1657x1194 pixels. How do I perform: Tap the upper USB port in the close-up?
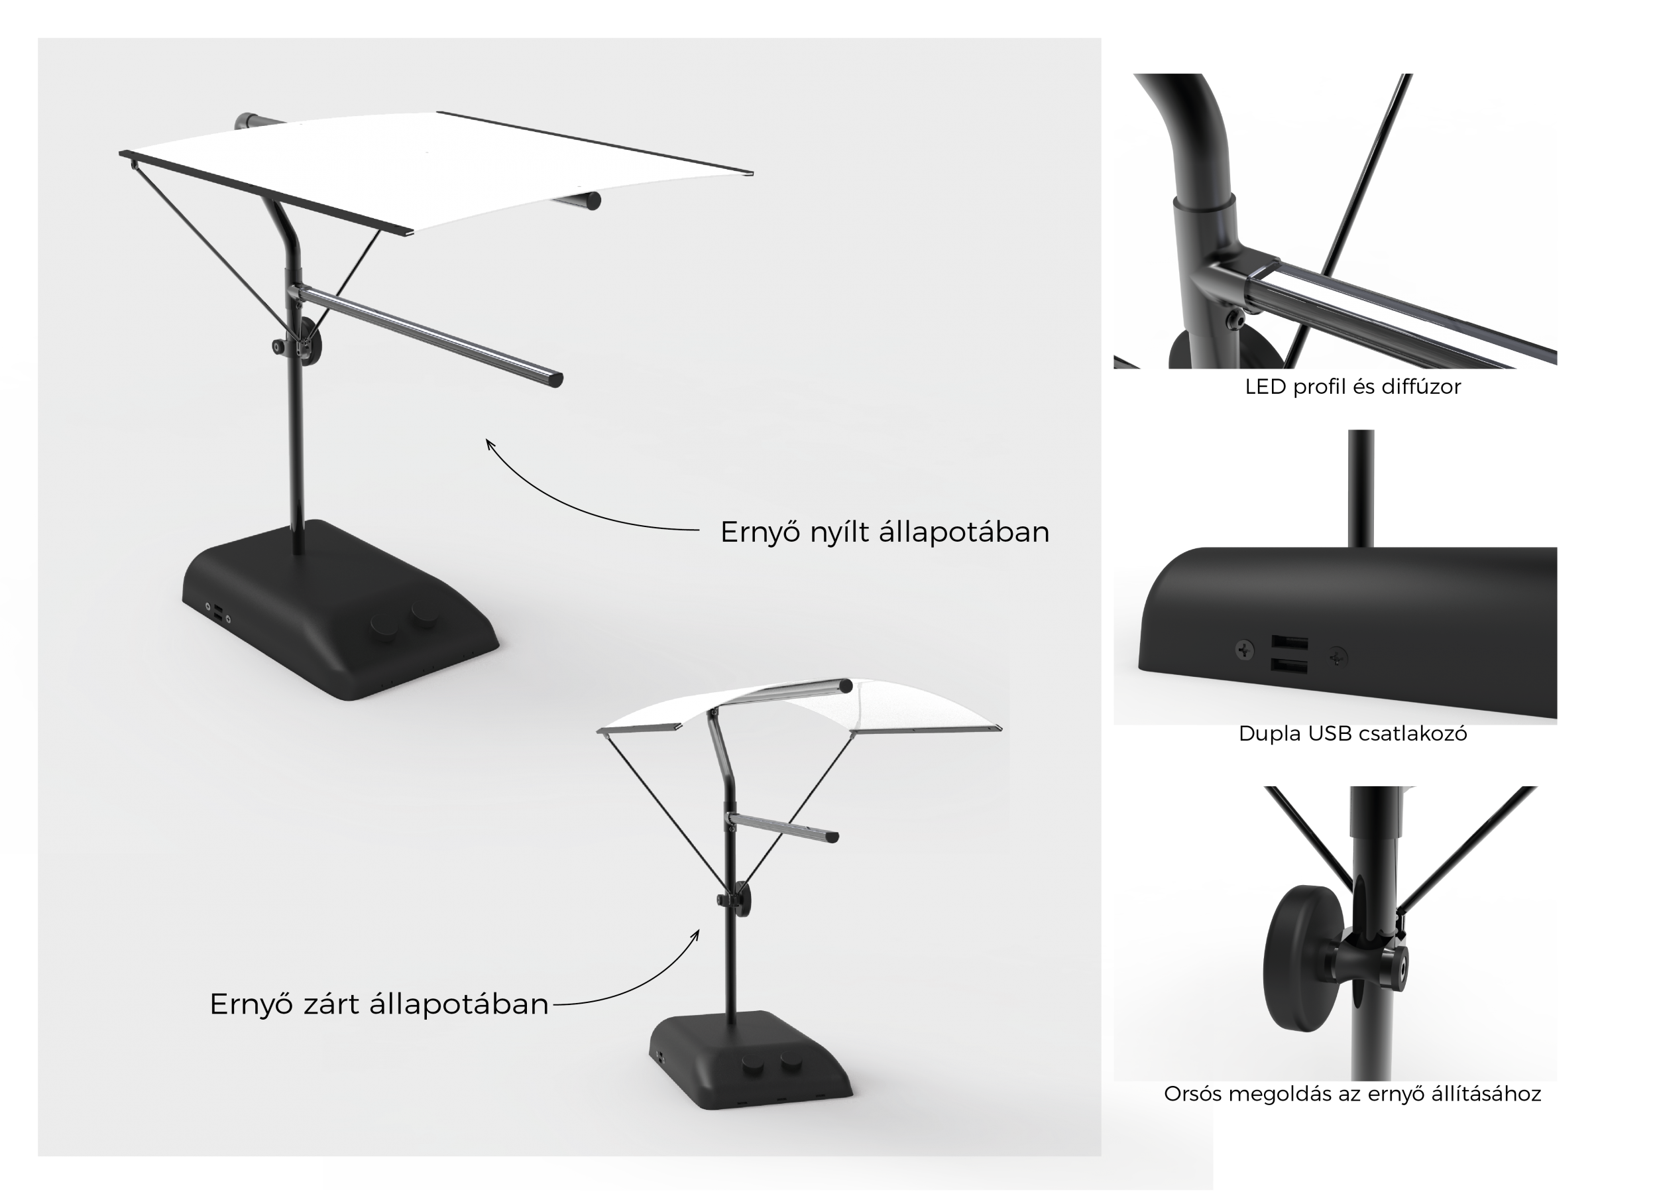[x=1290, y=643]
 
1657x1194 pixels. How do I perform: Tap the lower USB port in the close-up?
[x=1290, y=666]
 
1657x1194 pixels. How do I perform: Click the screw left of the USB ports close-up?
[x=1244, y=649]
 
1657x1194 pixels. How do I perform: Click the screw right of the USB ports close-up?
[x=1338, y=657]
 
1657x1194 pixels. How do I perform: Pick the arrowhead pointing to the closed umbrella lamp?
[x=695, y=935]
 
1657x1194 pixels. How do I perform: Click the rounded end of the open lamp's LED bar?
[x=557, y=379]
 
